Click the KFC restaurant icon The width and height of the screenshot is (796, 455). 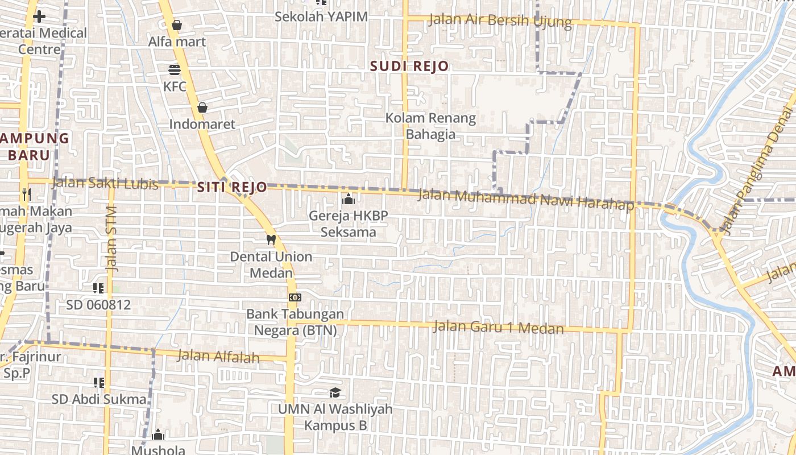tap(175, 69)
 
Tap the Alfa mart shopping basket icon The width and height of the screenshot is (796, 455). tap(176, 25)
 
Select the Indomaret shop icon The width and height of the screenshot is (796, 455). tap(202, 107)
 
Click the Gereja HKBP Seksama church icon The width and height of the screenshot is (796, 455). tap(348, 199)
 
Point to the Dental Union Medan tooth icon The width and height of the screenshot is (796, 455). tap(271, 239)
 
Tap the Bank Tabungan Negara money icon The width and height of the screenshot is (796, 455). tap(295, 297)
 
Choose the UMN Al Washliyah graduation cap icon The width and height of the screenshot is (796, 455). tap(335, 393)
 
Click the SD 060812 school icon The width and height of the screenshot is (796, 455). tap(98, 288)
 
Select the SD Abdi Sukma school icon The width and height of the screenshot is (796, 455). tap(99, 382)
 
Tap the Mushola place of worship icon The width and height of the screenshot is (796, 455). tap(158, 435)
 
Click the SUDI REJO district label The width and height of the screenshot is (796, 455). tap(409, 66)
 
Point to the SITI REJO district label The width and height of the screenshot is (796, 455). tap(232, 187)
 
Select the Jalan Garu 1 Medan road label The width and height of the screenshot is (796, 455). tap(498, 328)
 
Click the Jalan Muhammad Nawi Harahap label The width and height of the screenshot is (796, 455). tap(525, 200)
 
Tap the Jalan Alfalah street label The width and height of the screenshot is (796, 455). tap(218, 357)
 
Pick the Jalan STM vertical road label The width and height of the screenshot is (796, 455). tap(111, 238)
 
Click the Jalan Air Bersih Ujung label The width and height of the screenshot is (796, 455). tap(500, 20)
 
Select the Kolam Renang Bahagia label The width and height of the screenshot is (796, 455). tap(430, 126)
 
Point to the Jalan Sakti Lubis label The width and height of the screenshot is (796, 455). tap(105, 184)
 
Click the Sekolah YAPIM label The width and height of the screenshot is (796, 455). tap(321, 16)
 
